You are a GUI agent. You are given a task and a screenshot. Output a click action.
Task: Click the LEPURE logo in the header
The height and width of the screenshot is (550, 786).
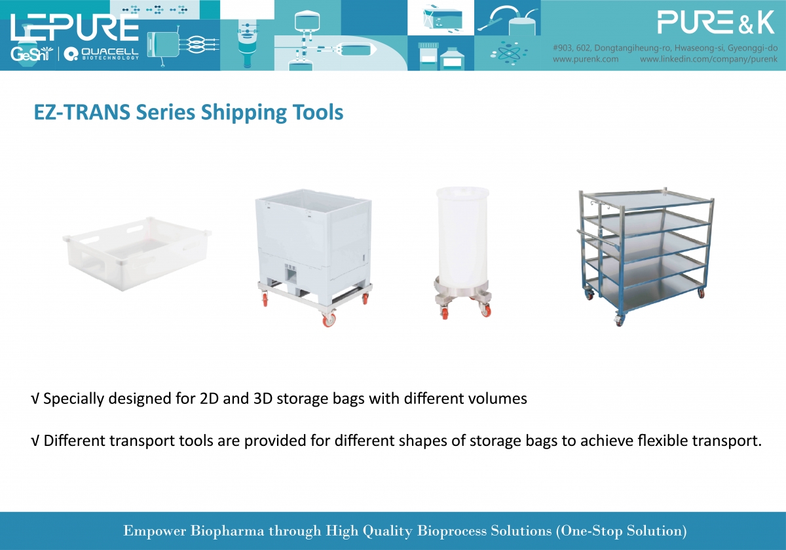point(75,27)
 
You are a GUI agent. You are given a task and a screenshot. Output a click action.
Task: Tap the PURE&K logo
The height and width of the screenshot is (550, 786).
point(716,22)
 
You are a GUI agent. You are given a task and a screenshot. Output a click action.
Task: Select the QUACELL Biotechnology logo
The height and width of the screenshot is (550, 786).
point(102,54)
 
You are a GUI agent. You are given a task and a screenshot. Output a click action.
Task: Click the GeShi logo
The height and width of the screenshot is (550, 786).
point(31,54)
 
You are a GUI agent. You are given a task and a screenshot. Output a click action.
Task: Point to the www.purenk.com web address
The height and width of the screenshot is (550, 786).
point(586,59)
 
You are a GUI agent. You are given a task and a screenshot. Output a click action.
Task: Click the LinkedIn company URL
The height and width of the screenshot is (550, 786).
point(709,59)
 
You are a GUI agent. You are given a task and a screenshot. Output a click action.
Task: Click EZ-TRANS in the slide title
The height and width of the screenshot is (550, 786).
point(82,112)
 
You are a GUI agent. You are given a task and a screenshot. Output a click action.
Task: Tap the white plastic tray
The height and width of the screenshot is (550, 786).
point(137,253)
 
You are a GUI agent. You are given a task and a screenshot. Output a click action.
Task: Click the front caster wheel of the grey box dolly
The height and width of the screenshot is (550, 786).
point(329,320)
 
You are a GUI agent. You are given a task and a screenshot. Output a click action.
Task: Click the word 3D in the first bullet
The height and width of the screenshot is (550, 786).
point(263,399)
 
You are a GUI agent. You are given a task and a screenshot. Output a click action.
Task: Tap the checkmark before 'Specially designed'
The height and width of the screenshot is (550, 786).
point(35,399)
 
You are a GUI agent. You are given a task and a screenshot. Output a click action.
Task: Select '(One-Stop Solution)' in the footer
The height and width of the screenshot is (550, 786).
point(622,531)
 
